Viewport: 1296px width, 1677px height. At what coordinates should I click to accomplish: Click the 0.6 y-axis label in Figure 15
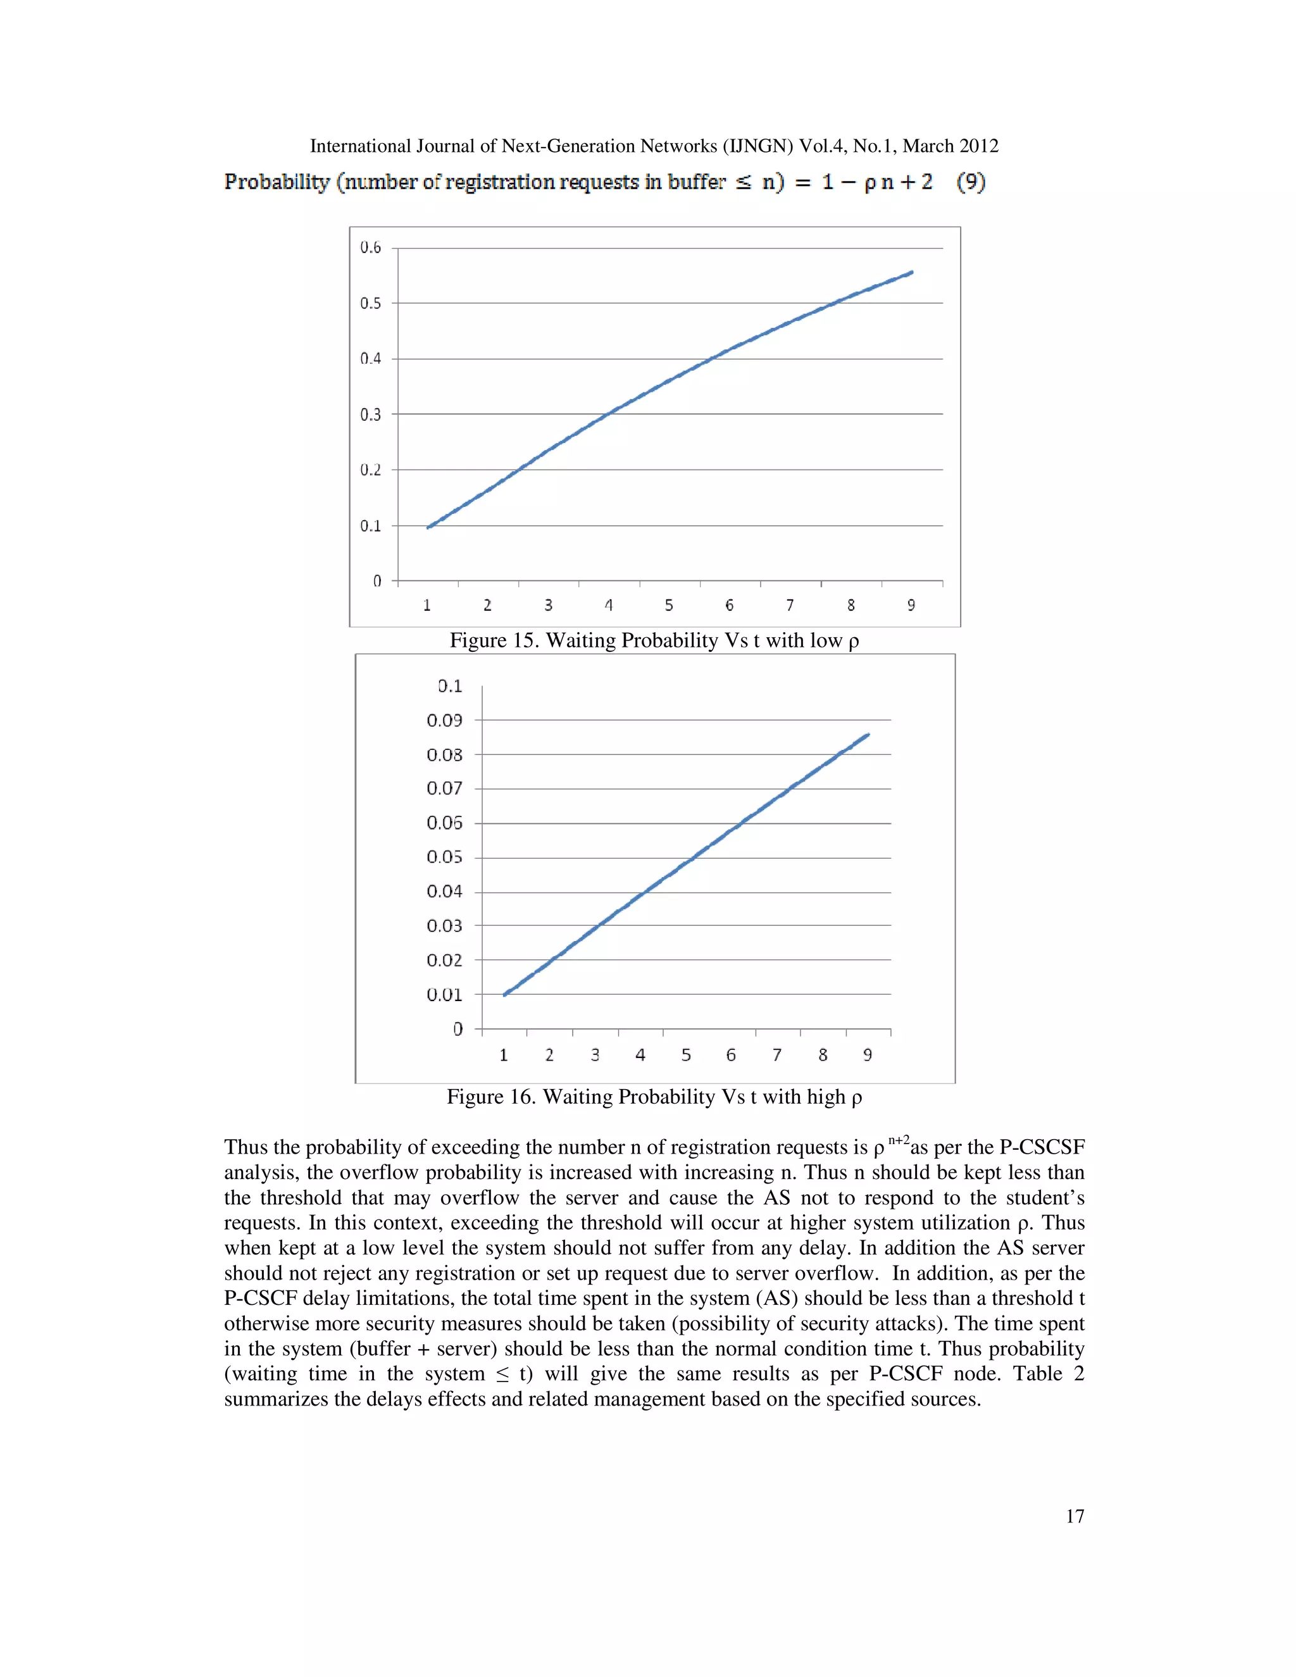pyautogui.click(x=370, y=247)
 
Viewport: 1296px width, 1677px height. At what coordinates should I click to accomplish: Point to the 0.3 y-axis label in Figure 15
pyautogui.click(x=370, y=415)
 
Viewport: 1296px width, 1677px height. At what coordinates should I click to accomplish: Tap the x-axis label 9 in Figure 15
pyautogui.click(x=911, y=605)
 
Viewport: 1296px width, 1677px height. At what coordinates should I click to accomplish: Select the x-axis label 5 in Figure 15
pyautogui.click(x=669, y=605)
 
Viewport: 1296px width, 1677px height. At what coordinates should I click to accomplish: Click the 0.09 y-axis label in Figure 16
pyautogui.click(x=444, y=720)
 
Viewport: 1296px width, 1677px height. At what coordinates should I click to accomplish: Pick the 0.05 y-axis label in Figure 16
pyautogui.click(x=444, y=857)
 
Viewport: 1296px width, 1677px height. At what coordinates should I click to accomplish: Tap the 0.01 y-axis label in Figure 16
pyautogui.click(x=444, y=994)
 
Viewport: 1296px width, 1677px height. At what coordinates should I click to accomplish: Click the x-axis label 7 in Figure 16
pyautogui.click(x=777, y=1055)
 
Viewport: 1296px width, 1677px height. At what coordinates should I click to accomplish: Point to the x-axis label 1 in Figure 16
pyautogui.click(x=504, y=1055)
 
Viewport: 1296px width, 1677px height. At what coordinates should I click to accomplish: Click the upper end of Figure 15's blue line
pyautogui.click(x=911, y=272)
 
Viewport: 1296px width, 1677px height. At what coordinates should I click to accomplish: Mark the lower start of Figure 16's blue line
pyautogui.click(x=504, y=995)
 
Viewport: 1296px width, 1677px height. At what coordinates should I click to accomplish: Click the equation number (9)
pyautogui.click(x=971, y=182)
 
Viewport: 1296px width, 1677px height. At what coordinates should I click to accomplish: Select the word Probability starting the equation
pyautogui.click(x=277, y=182)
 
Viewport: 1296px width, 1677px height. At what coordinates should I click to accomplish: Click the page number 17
pyautogui.click(x=1074, y=1516)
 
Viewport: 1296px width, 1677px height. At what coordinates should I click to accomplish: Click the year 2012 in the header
pyautogui.click(x=978, y=146)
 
